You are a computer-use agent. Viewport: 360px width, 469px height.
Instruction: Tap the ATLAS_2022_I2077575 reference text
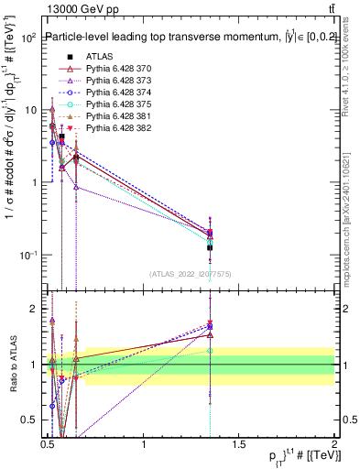pyautogui.click(x=190, y=273)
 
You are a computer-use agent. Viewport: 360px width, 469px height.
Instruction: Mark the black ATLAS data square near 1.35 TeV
pyautogui.click(x=210, y=247)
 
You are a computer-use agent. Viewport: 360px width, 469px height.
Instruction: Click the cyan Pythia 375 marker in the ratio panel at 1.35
pyautogui.click(x=210, y=350)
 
